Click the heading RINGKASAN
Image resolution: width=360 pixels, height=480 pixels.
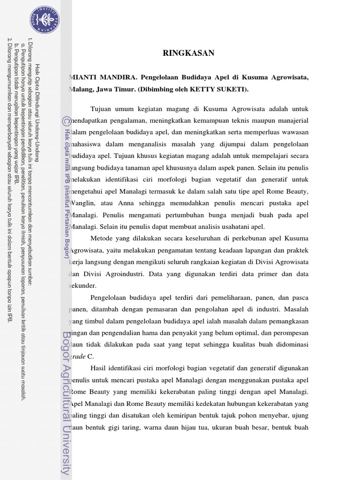click(188, 53)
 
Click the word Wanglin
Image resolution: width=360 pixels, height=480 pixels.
click(83, 203)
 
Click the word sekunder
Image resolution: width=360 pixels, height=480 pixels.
click(83, 285)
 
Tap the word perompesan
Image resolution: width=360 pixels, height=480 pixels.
click(289, 333)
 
